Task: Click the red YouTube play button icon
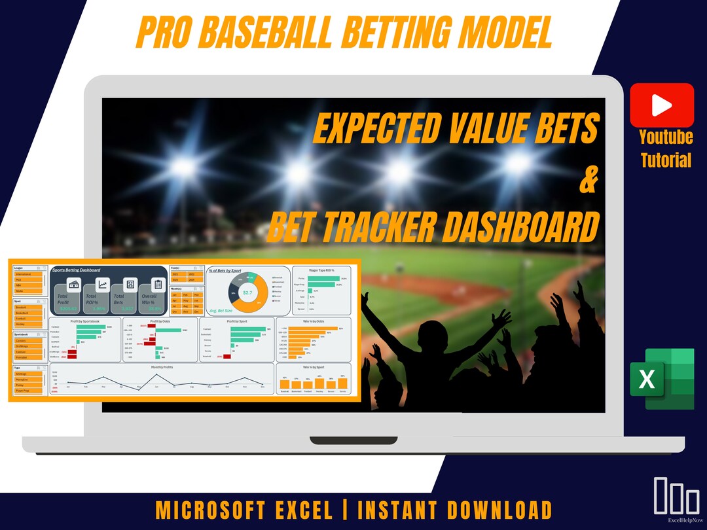[662, 105]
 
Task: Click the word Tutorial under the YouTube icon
[666, 159]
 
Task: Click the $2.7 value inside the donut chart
[247, 292]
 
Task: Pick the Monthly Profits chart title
[162, 366]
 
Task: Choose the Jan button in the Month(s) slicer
[175, 295]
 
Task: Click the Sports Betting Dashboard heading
[76, 270]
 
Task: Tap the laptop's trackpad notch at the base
[353, 440]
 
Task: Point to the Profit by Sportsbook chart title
[84, 321]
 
